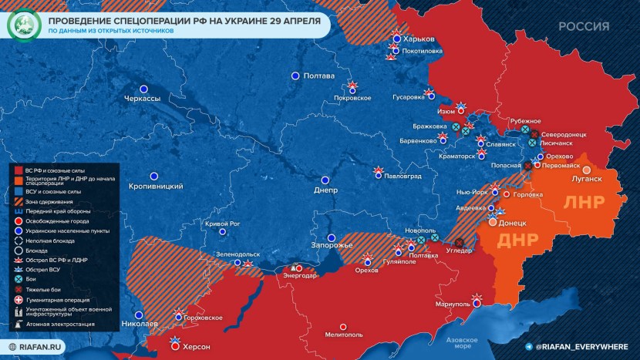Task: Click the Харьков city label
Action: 420,39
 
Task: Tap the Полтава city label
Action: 319,76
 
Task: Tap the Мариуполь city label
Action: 453,304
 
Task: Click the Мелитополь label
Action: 344,335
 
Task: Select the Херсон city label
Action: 196,347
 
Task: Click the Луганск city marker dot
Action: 586,170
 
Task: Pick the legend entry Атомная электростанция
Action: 59,324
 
